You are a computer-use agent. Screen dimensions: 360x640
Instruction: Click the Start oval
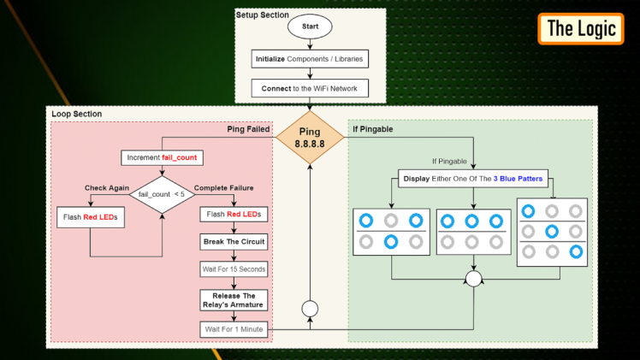(310, 27)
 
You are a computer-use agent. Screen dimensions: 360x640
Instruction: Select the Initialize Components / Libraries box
(310, 59)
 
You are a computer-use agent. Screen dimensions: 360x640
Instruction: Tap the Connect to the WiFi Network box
(310, 88)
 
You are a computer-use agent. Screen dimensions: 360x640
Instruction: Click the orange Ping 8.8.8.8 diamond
(310, 138)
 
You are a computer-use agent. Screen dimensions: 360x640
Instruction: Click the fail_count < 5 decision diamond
(162, 194)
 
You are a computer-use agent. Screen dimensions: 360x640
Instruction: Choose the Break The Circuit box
(234, 241)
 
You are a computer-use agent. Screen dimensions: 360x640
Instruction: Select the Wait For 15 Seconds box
(234, 269)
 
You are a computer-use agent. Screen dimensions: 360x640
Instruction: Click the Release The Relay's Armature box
(234, 300)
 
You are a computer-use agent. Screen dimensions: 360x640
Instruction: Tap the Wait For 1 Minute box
(234, 329)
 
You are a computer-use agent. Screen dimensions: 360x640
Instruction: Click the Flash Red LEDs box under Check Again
(89, 217)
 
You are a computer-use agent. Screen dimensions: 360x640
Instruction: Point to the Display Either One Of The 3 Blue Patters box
(473, 180)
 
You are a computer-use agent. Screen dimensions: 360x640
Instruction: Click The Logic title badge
(581, 28)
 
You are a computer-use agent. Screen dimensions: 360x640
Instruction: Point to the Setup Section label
(263, 15)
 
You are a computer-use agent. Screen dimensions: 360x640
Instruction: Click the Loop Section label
(76, 114)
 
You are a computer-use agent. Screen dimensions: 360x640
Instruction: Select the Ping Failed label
(248, 130)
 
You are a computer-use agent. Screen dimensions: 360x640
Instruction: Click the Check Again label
(106, 188)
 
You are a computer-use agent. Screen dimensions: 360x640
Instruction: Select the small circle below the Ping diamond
(310, 308)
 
